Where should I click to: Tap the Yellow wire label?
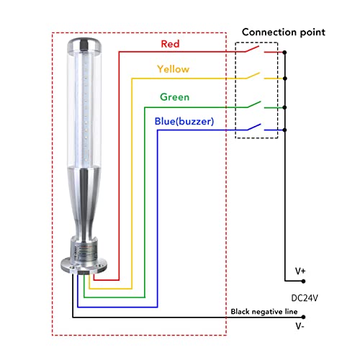173,69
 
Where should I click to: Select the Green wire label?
175,97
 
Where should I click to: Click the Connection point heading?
283,32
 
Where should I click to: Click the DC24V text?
305,297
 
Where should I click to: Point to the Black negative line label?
264,311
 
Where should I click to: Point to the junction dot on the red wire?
285,53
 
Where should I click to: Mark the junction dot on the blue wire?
285,130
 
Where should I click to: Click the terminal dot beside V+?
303,281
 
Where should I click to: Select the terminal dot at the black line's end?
303,317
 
